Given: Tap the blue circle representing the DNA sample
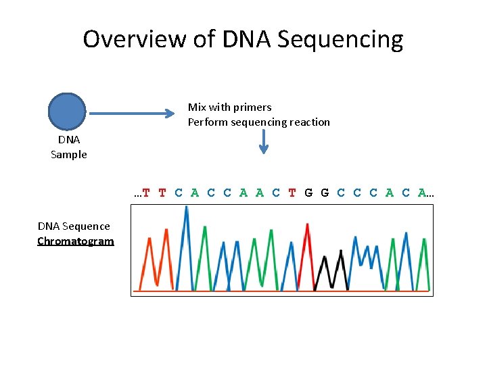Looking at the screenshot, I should [67, 112].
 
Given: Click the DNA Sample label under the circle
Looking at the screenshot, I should [69, 147].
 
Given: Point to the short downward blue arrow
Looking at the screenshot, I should [264, 142].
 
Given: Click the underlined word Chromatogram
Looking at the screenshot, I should [76, 241].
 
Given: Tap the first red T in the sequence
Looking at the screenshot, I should [146, 193].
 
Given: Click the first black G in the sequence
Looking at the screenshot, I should [308, 193].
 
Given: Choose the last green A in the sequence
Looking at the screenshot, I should [422, 193].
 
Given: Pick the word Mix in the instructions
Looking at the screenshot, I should [197, 107].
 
